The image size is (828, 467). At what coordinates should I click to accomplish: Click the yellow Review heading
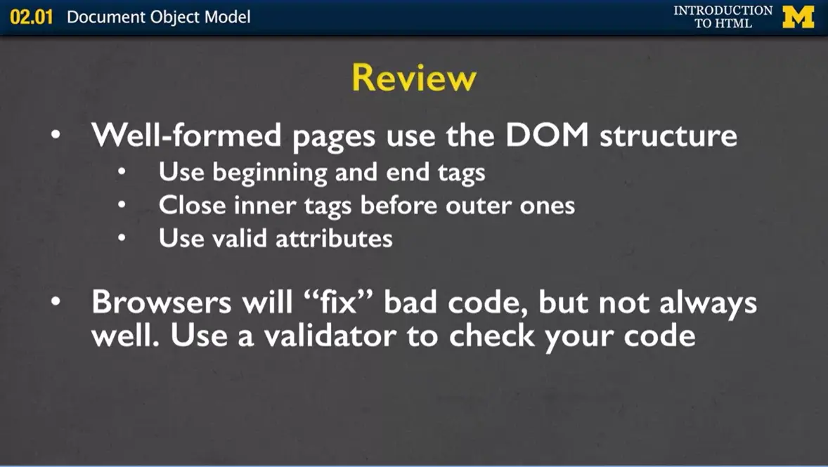pyautogui.click(x=413, y=78)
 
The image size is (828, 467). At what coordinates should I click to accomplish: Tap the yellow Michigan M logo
pyautogui.click(x=798, y=17)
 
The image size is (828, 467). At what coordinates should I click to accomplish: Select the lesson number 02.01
pyautogui.click(x=32, y=17)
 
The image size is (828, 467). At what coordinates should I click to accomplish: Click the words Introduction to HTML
pyautogui.click(x=723, y=17)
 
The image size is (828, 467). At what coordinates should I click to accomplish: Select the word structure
pyautogui.click(x=668, y=135)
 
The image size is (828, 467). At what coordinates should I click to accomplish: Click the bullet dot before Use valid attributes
pyautogui.click(x=122, y=239)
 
